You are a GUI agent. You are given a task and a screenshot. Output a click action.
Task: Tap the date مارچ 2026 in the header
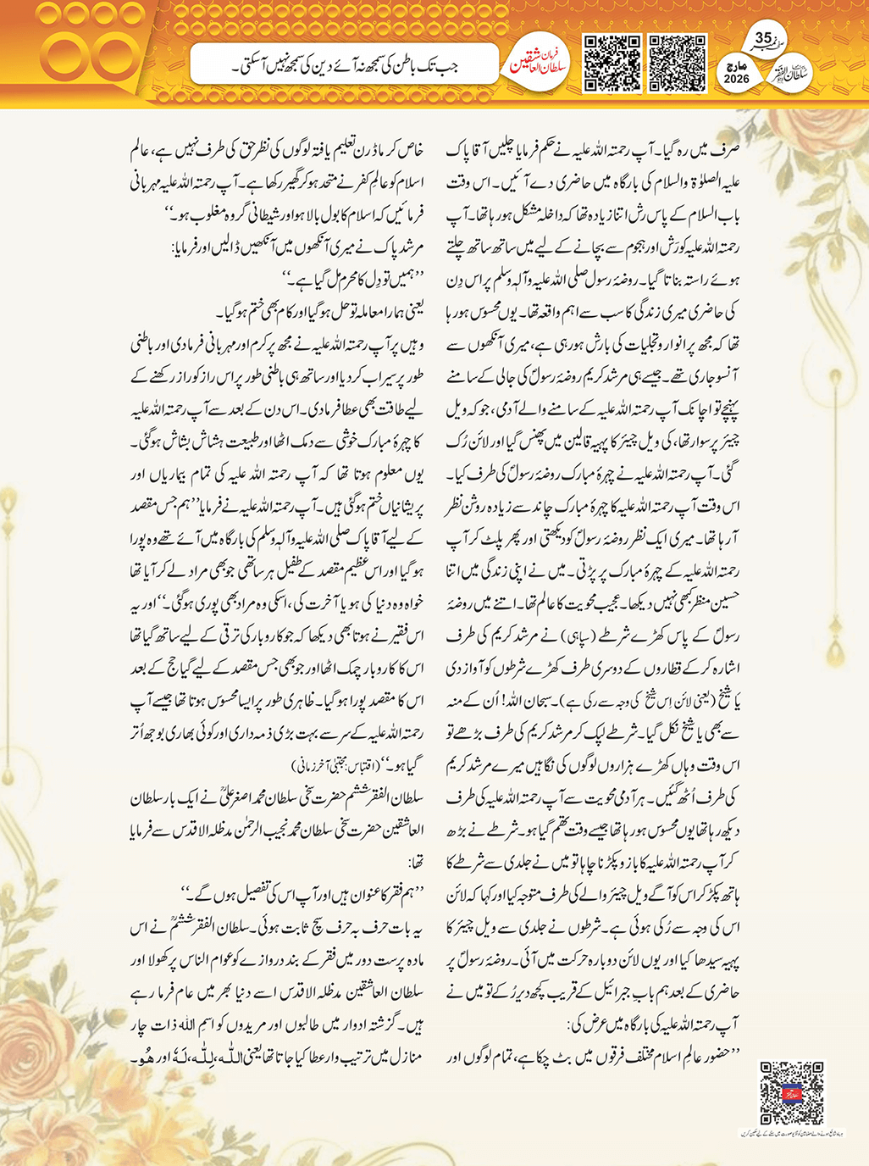737,72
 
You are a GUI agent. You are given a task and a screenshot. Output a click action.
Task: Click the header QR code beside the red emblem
612,63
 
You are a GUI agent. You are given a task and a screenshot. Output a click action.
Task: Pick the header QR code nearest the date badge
678,63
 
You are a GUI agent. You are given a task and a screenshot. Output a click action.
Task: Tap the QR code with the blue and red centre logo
792,1092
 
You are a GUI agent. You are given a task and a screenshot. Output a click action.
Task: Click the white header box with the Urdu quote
343,64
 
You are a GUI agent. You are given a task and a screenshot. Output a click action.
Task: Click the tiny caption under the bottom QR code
792,1132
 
